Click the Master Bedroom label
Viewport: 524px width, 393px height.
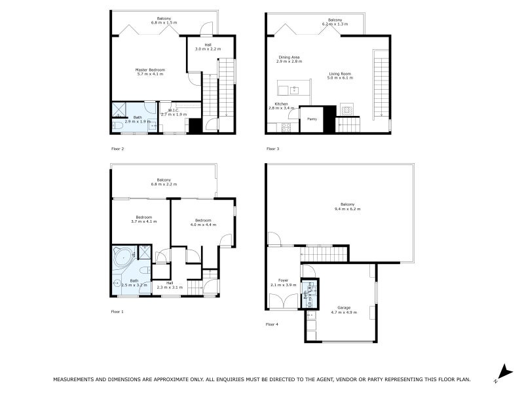150,69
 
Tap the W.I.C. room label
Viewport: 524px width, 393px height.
173,110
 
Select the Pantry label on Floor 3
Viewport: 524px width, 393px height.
312,119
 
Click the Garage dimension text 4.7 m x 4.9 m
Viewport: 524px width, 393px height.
343,312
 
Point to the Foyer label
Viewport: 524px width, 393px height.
283,280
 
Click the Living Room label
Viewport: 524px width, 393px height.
340,73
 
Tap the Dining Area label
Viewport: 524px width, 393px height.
289,57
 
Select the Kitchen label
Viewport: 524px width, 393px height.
281,103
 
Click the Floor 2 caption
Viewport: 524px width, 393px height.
117,149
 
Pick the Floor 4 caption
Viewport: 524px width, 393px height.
272,324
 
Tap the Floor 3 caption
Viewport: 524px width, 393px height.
272,149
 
